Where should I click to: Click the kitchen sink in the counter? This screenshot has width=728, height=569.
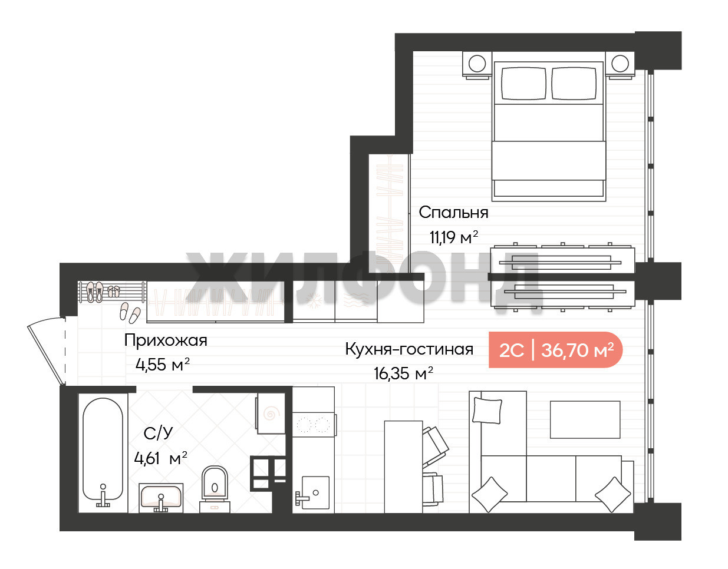tap(315, 492)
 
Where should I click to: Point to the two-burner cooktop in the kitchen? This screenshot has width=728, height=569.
tap(314, 425)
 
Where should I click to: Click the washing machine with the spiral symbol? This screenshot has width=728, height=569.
tap(271, 413)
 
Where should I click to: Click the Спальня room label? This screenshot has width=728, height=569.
tap(453, 212)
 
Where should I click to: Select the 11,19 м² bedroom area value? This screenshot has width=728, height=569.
tap(454, 237)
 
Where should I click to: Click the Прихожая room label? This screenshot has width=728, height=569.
tap(166, 340)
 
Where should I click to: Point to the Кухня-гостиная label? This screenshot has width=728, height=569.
tap(409, 349)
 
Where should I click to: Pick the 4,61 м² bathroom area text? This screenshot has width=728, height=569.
tap(160, 458)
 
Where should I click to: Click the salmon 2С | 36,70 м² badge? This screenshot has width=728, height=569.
tap(555, 350)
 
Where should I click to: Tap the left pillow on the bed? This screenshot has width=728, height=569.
tap(524, 84)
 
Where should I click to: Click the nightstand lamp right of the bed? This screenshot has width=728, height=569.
tap(620, 63)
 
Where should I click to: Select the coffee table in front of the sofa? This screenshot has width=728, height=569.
tap(585, 420)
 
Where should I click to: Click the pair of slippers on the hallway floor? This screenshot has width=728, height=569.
tap(130, 313)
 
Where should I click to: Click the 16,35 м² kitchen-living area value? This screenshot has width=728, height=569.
tap(403, 373)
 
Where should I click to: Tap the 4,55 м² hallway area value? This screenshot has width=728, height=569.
tap(163, 365)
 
